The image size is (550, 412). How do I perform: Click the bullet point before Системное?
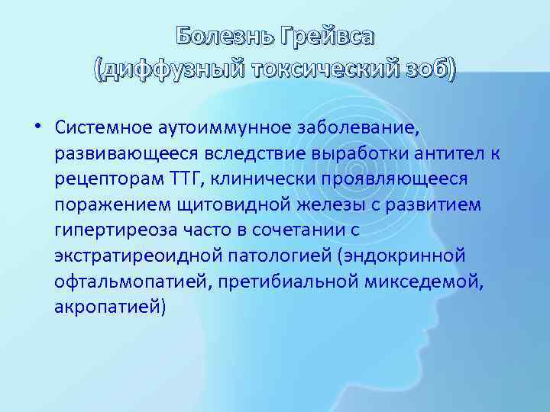(37, 127)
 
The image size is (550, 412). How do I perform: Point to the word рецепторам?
(108, 178)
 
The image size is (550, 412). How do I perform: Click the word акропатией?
(109, 306)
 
